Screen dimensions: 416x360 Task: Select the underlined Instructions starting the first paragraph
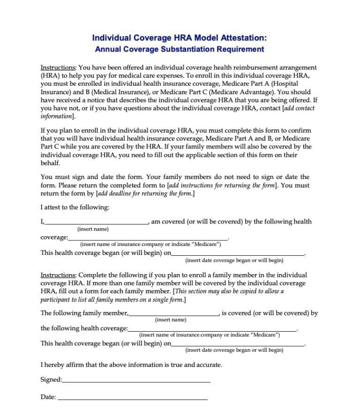58,67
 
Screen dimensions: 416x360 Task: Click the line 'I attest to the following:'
75,207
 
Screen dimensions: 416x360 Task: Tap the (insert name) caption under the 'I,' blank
93,229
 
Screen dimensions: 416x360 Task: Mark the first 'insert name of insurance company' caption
150,245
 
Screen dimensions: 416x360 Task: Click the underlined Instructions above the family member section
58,275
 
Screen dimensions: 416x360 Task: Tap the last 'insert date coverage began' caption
234,350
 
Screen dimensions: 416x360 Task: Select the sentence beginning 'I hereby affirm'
131,364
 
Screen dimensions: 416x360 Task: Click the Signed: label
51,379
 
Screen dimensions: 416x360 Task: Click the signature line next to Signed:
136,381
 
